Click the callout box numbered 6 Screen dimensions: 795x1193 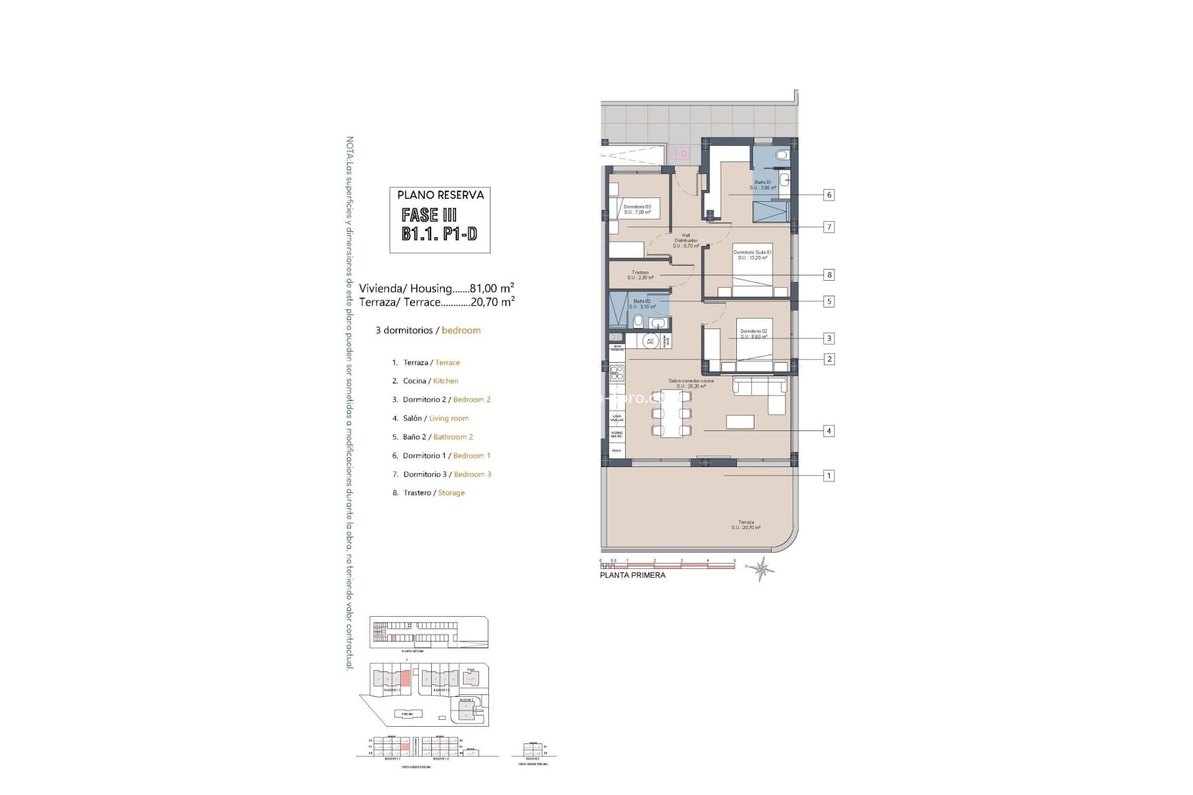tap(828, 195)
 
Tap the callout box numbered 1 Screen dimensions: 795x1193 tap(828, 476)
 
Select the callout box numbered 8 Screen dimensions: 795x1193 tap(828, 275)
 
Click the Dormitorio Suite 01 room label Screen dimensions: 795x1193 tap(752, 255)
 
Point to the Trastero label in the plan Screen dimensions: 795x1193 tap(640, 275)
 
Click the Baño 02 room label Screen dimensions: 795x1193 tap(642, 304)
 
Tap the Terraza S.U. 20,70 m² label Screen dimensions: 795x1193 tap(746, 525)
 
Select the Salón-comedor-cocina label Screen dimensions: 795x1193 tap(691, 383)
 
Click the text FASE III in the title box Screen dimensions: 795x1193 tap(429, 216)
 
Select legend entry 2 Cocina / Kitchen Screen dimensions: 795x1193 tap(425, 381)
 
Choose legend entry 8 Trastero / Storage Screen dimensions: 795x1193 tap(428, 493)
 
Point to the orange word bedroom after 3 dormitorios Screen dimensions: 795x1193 tap(461, 330)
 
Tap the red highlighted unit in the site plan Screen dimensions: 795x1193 tap(405, 678)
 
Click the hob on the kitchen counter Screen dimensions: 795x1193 tap(616, 373)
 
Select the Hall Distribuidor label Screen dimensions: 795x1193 tap(686, 240)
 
